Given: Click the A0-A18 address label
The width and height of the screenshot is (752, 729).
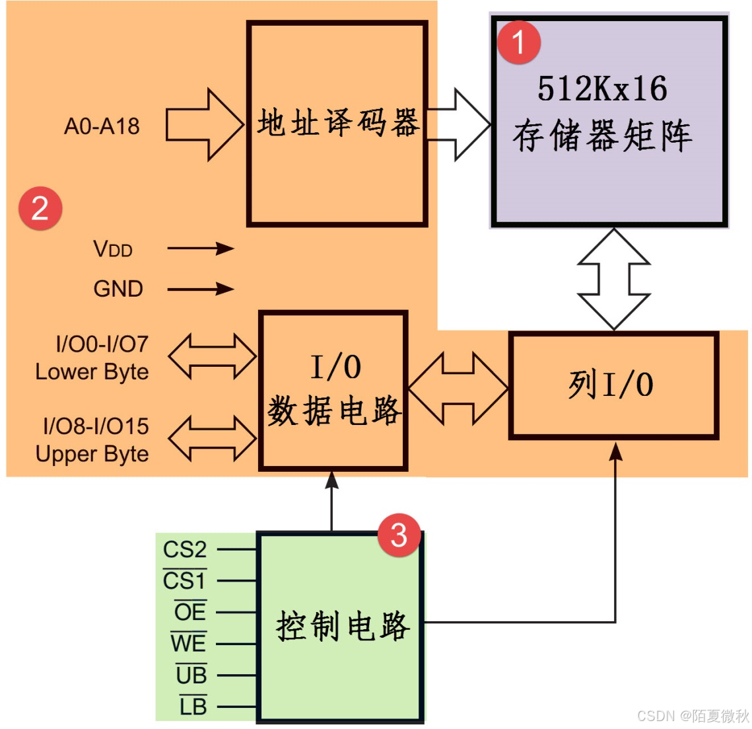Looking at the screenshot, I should [x=102, y=126].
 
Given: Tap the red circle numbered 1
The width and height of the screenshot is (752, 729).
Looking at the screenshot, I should [x=518, y=42].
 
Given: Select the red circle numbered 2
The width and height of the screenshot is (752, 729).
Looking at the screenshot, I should [x=40, y=208].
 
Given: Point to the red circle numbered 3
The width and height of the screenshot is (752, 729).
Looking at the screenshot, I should [x=399, y=534].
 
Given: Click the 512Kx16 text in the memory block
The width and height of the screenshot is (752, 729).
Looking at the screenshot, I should [x=602, y=89].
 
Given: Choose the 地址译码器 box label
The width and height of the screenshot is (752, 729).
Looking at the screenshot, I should [x=338, y=123].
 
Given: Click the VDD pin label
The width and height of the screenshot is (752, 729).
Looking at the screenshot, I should [x=114, y=249].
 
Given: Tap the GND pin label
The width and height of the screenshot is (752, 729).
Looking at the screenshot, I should [x=118, y=289].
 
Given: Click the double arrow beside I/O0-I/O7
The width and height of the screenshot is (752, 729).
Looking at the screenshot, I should [x=212, y=356].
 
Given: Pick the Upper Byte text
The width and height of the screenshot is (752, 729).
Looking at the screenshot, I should [x=92, y=454].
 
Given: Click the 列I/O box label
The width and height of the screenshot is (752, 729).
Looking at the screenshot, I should [x=611, y=385].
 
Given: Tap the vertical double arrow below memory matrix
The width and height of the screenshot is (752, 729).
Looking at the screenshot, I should [x=614, y=279].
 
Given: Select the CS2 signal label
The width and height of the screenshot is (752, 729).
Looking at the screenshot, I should [x=185, y=549].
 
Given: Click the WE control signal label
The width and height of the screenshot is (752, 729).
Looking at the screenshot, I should [x=188, y=643].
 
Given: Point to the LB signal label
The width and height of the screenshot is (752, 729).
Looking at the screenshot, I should [x=193, y=707].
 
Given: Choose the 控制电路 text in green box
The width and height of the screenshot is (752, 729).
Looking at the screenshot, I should [x=342, y=626].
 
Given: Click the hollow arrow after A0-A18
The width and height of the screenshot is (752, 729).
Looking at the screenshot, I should [x=203, y=124].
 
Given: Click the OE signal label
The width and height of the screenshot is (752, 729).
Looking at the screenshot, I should [x=190, y=612].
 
